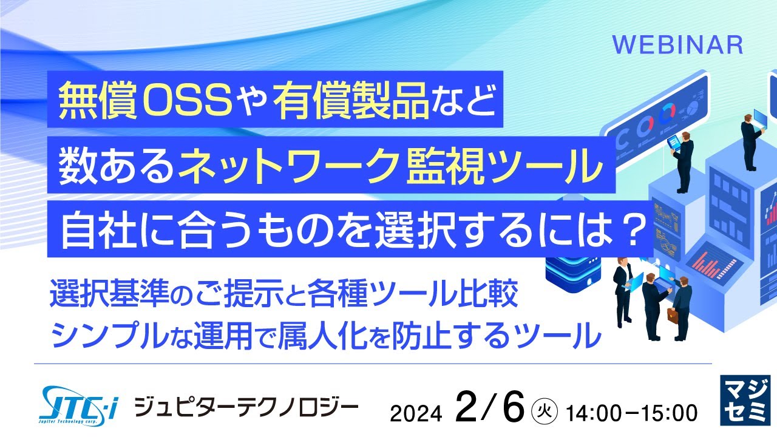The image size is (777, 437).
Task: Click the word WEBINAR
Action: pyautogui.click(x=677, y=44)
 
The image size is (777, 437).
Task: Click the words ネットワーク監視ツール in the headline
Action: pyautogui.click(x=388, y=168)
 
